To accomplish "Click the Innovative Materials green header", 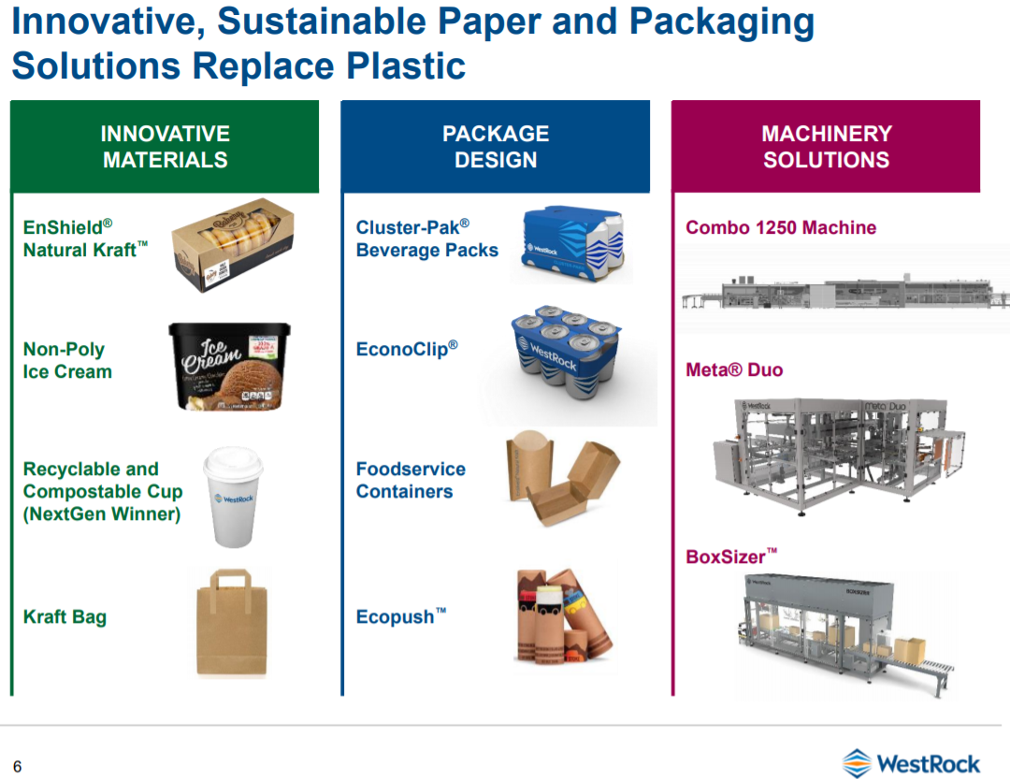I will pos(165,147).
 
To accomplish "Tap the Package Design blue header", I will pos(496,147).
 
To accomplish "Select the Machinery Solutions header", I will pos(826,147).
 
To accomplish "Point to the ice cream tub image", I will pos(230,366).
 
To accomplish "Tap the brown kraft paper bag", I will pos(230,621).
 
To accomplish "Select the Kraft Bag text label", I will pos(65,617).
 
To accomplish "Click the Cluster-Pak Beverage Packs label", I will pos(426,238).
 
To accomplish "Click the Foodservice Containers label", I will pos(411,481).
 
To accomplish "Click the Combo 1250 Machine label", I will pos(781,227).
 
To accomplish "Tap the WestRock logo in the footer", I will pos(911,763).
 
